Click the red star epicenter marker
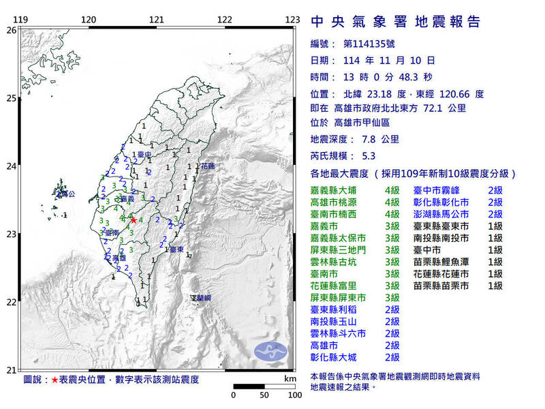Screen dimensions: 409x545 click(x=134, y=220)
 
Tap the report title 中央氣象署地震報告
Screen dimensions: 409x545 click(x=396, y=22)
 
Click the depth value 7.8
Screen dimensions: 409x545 click(x=372, y=139)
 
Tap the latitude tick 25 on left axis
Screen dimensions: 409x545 click(x=11, y=98)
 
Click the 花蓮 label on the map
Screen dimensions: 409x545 click(x=207, y=166)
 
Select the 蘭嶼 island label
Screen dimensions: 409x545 click(x=202, y=298)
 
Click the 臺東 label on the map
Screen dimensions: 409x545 click(x=176, y=250)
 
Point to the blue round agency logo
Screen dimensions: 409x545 click(x=270, y=352)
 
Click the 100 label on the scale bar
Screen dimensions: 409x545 click(x=294, y=395)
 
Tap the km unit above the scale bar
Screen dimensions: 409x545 click(x=291, y=378)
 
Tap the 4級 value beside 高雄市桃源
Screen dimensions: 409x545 click(x=392, y=202)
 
